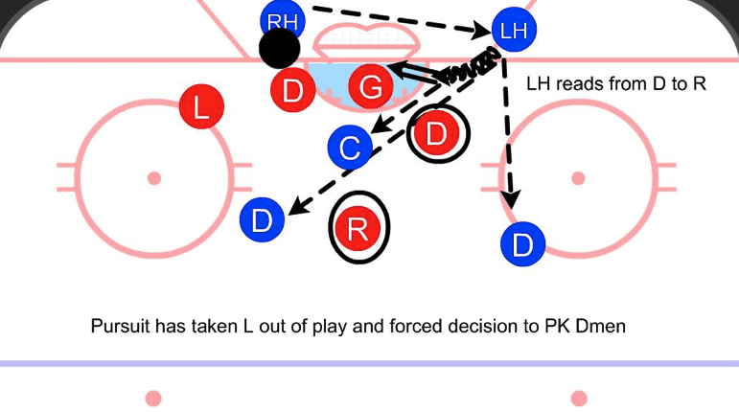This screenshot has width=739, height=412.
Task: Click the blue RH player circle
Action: [x=283, y=19]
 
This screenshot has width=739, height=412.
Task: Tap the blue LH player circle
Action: [x=514, y=31]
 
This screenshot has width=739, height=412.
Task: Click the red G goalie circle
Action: [x=371, y=89]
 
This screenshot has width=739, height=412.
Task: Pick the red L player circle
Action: [x=200, y=106]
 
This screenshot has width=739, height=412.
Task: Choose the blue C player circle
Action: [x=351, y=149]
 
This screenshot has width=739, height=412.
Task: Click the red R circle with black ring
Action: [x=358, y=228]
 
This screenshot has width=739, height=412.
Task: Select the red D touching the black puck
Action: [x=293, y=91]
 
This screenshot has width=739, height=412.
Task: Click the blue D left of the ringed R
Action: [x=263, y=220]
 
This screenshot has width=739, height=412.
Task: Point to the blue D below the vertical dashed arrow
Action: [x=522, y=245]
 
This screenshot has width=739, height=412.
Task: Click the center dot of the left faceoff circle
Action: [x=153, y=178]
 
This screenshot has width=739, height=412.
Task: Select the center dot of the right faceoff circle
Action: [x=578, y=178]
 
